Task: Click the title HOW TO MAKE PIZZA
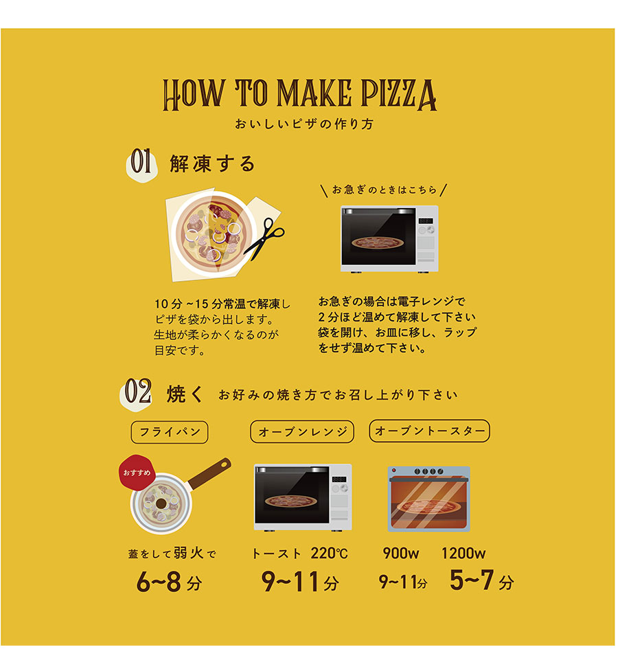[299, 95]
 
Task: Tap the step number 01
[141, 161]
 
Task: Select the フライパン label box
[170, 432]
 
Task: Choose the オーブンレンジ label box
[302, 432]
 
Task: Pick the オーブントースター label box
[430, 431]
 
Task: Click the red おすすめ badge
[137, 473]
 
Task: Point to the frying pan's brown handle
[209, 473]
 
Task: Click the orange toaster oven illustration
[428, 499]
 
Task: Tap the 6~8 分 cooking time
[169, 582]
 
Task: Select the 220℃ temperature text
[330, 554]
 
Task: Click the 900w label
[401, 554]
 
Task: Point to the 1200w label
[463, 554]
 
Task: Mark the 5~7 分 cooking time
[481, 580]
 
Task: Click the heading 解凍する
[213, 163]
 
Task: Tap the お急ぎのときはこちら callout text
[385, 190]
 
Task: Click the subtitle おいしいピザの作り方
[304, 124]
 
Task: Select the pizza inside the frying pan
[161, 503]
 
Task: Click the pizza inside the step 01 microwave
[378, 242]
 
